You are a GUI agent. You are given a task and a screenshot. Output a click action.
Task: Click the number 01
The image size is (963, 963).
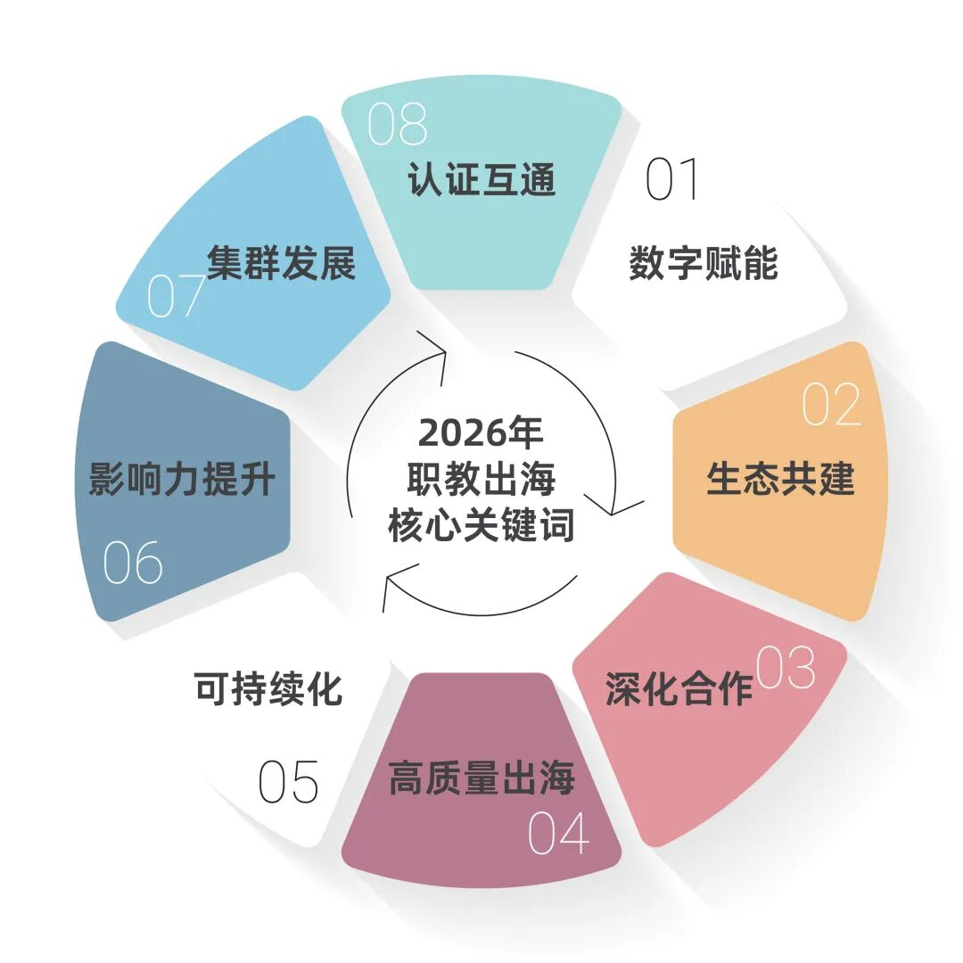click(x=673, y=179)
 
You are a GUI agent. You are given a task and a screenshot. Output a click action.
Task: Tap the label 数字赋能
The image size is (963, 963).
click(x=703, y=264)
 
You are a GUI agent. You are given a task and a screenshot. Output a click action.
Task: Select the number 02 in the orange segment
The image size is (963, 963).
click(x=831, y=406)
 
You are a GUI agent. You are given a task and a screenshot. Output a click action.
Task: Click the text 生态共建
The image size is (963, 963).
click(x=780, y=478)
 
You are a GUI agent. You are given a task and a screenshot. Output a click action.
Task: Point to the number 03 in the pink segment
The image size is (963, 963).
click(x=786, y=668)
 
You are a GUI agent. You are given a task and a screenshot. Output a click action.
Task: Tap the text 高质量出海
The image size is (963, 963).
click(x=481, y=779)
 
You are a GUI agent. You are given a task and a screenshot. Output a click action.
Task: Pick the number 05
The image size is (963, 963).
click(x=288, y=782)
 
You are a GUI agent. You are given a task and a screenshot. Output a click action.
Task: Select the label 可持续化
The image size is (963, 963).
click(x=268, y=689)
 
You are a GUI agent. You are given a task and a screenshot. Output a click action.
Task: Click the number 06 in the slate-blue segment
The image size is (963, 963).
click(x=133, y=563)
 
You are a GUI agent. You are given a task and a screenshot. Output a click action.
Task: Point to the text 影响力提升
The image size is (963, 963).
click(x=182, y=480)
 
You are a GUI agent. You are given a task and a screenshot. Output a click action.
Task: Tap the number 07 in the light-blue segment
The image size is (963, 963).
click(x=177, y=296)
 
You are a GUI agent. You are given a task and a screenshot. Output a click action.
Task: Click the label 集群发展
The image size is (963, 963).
click(x=282, y=264)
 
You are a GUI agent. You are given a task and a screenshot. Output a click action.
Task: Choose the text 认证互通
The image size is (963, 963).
click(x=481, y=179)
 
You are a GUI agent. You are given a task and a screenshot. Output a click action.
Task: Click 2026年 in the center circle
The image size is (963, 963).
click(x=481, y=433)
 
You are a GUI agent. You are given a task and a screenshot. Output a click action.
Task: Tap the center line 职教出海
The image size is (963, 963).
click(x=481, y=480)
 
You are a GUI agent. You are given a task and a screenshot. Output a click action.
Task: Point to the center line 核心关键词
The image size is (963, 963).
click(x=481, y=526)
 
